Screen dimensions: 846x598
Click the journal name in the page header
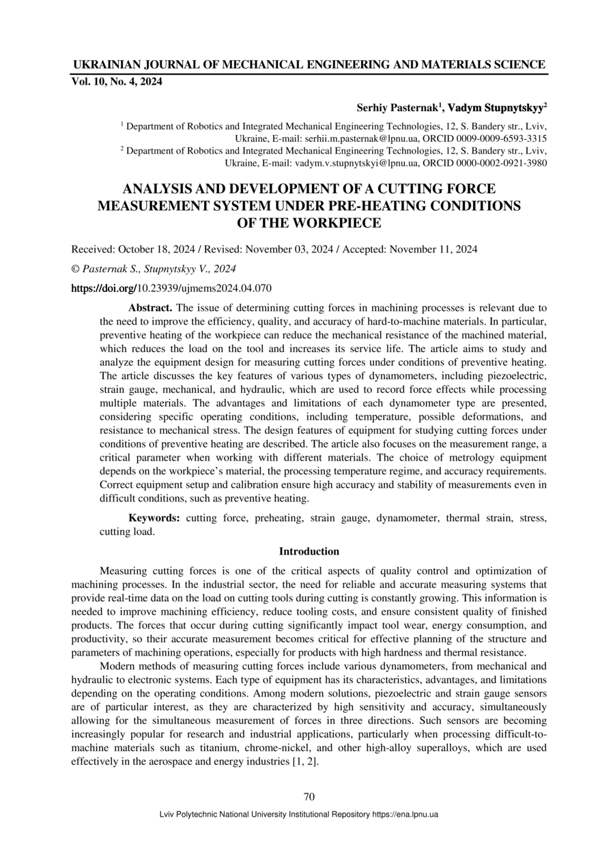309,65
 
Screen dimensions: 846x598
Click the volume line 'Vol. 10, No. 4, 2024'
117,82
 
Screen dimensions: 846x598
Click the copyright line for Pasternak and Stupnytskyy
154,269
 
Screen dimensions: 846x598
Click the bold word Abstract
150,308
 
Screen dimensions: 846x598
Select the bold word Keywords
154,519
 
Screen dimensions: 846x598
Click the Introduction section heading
309,551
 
